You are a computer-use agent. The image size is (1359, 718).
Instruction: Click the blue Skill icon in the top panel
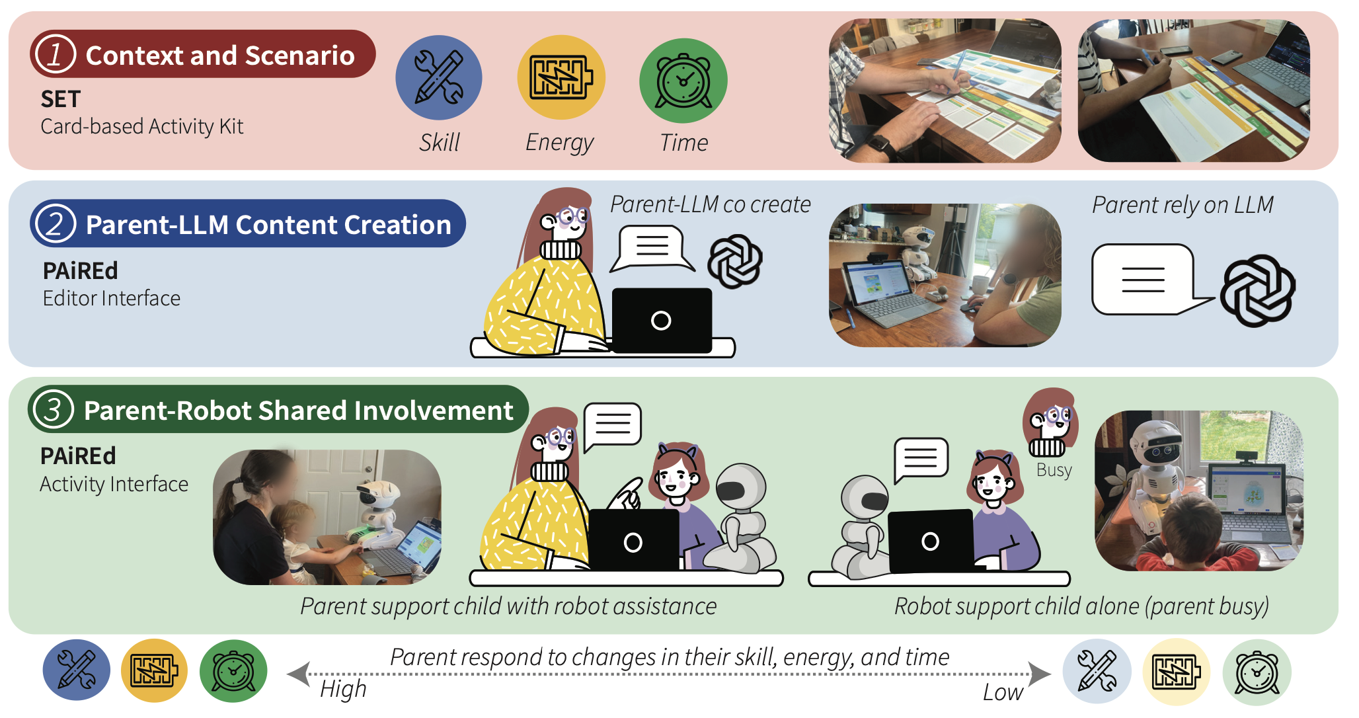pos(439,78)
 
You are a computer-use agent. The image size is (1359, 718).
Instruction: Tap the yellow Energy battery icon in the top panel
pos(561,78)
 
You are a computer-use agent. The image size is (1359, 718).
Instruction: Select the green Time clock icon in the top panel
pos(683,80)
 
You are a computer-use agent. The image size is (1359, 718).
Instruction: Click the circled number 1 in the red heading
pos(56,54)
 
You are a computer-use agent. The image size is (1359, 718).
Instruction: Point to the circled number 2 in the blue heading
pos(56,223)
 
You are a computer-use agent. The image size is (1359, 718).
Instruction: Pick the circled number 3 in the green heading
pos(54,409)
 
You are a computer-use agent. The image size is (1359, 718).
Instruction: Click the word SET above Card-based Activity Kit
pos(61,99)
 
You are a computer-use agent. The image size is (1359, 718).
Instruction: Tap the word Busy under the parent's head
pos(1054,470)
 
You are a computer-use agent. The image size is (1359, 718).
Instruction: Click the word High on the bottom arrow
pos(343,689)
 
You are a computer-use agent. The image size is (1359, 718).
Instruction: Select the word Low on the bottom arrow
pos(1003,692)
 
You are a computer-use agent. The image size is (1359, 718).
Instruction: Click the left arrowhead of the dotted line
pos(299,674)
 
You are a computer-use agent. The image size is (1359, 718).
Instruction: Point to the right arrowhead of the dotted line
pos(1040,674)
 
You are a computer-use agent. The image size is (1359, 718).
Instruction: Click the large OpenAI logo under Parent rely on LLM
pos(1258,291)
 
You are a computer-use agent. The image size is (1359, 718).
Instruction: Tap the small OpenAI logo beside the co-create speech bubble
pos(735,261)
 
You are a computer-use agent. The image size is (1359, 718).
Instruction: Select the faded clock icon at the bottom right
pos(1257,672)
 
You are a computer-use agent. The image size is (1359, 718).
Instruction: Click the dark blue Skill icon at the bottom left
pos(77,670)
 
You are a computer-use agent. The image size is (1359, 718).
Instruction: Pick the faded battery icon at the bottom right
pos(1177,672)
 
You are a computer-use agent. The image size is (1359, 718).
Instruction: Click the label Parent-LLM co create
pos(711,204)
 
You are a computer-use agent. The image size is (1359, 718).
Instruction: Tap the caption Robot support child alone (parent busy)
pos(1081,606)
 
